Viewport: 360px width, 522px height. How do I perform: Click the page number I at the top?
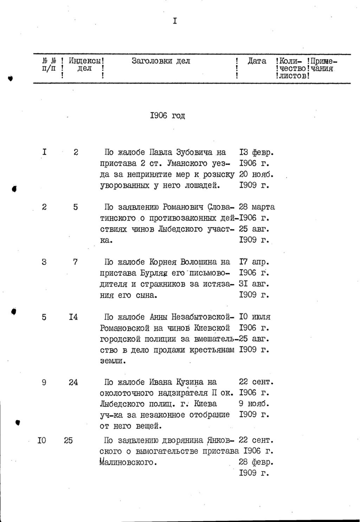pyautogui.click(x=175, y=21)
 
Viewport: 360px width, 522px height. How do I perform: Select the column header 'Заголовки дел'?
pyautogui.click(x=161, y=61)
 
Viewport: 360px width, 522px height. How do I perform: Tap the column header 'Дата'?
pyautogui.click(x=257, y=61)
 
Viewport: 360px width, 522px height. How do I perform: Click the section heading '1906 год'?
pyautogui.click(x=167, y=116)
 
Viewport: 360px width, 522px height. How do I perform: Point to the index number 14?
pyautogui.click(x=73, y=317)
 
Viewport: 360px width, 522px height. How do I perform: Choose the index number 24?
pyautogui.click(x=73, y=382)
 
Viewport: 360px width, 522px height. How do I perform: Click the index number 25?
pyautogui.click(x=69, y=440)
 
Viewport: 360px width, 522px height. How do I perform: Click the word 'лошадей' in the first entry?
pyautogui.click(x=202, y=185)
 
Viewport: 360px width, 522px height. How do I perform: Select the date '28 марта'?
pyautogui.click(x=257, y=207)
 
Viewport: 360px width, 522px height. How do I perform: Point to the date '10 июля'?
pyautogui.click(x=255, y=317)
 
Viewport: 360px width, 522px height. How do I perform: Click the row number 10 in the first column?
pyautogui.click(x=42, y=440)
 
